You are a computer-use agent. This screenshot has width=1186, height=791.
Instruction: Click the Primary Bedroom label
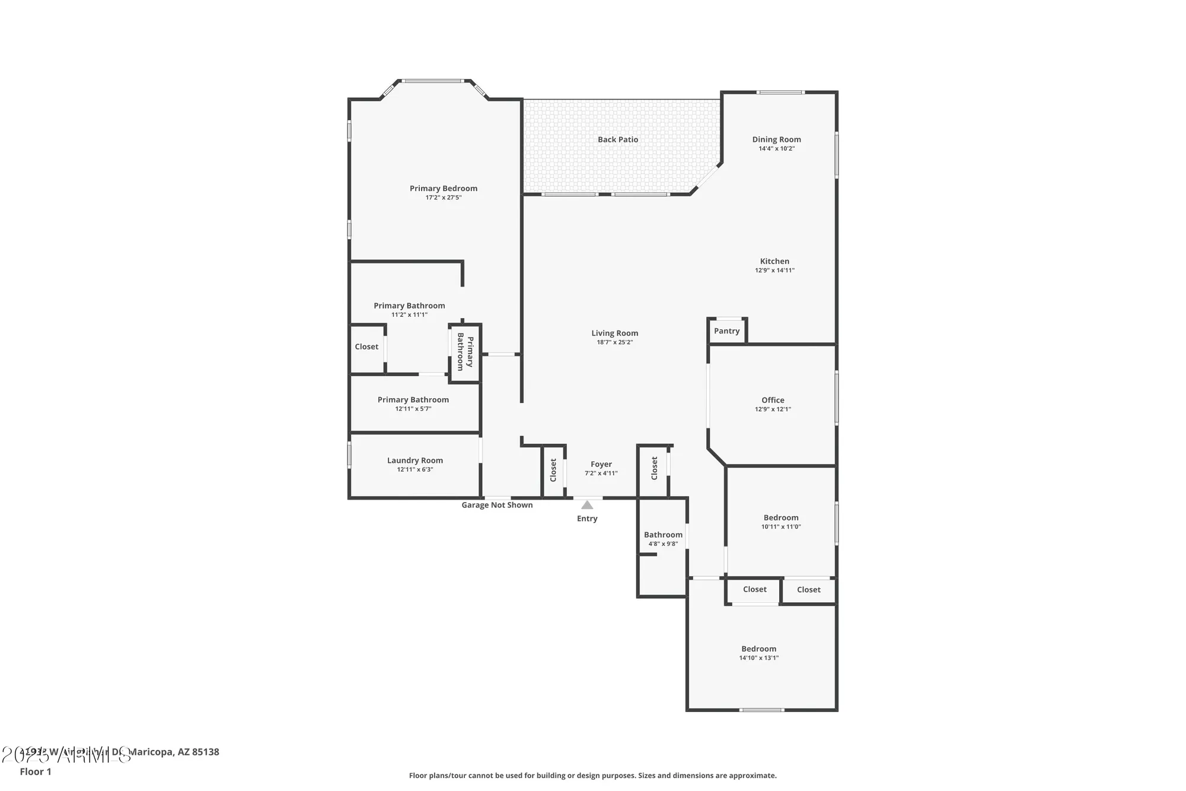pos(443,189)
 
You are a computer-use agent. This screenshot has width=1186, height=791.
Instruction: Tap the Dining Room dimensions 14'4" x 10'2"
pos(776,148)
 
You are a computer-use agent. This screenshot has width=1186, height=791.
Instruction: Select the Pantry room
pos(726,331)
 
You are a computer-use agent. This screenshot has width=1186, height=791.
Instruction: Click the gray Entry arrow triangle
pos(587,505)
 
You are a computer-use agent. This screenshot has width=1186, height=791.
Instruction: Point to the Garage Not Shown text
pos(497,505)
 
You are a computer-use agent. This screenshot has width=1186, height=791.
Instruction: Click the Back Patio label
pos(618,139)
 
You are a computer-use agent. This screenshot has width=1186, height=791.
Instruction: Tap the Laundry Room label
pos(415,460)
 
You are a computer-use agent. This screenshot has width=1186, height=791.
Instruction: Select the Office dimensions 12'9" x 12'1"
pos(773,409)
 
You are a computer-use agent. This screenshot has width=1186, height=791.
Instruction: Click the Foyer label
pos(601,464)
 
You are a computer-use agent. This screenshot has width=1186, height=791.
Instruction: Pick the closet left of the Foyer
pos(553,470)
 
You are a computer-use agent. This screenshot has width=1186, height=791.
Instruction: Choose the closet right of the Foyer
pos(654,468)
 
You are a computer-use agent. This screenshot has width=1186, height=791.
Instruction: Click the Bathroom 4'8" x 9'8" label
pos(663,535)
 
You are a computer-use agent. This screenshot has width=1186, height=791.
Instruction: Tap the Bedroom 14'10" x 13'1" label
pos(758,649)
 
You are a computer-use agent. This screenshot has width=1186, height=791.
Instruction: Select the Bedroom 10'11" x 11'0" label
pos(781,517)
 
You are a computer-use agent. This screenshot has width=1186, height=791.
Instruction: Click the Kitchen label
pos(774,261)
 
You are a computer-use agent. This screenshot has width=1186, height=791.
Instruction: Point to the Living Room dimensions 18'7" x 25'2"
pos(614,342)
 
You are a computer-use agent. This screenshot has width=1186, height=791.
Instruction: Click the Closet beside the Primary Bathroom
pos(366,347)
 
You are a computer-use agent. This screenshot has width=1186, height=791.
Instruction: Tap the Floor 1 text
pos(36,771)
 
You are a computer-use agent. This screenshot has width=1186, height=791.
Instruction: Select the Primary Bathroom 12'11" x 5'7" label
pos(413,400)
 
